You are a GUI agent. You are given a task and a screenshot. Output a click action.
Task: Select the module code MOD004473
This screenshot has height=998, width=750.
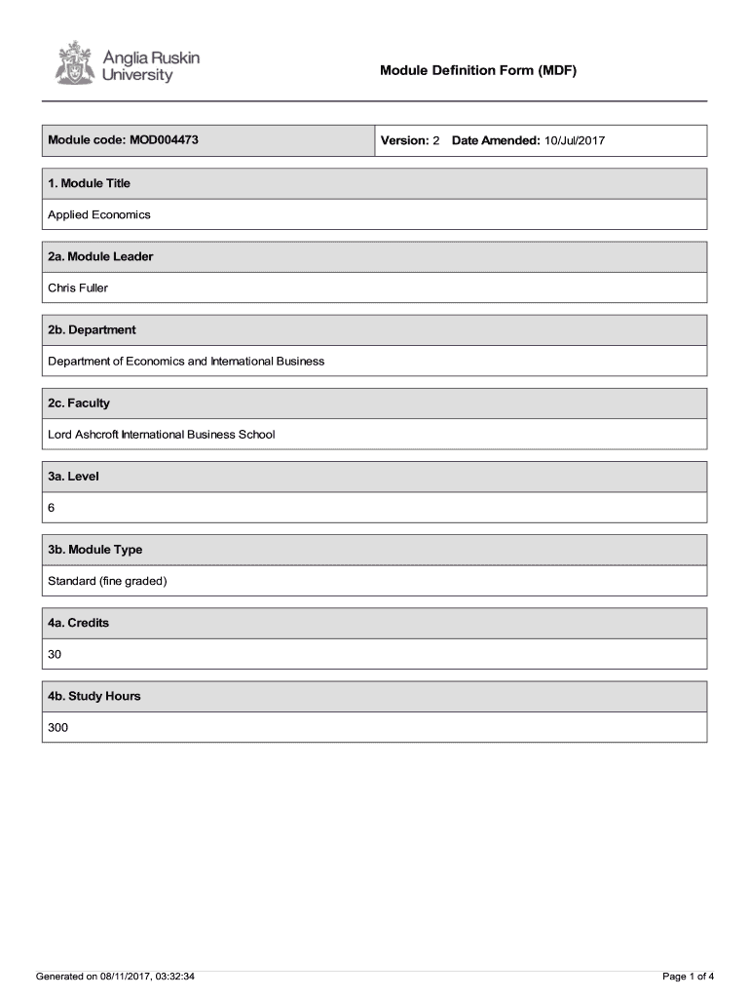[161, 140]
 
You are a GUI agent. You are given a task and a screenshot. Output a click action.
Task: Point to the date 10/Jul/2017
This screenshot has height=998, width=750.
[575, 141]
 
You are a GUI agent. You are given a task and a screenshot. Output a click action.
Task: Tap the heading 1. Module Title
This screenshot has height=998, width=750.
[90, 183]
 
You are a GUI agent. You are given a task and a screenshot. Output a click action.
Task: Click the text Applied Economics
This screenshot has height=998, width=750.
[99, 214]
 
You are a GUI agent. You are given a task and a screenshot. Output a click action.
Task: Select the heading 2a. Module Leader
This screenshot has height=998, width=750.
[100, 256]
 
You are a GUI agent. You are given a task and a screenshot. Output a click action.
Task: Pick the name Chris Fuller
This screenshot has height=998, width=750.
[78, 288]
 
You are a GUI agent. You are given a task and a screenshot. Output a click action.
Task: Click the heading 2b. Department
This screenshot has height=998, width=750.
[92, 329]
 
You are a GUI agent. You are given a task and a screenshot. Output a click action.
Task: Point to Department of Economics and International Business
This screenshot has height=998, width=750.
[186, 361]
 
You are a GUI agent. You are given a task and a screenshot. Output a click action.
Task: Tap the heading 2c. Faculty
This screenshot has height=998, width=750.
[79, 403]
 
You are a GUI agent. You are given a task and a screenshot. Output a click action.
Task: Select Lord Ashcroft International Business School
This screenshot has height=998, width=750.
[162, 434]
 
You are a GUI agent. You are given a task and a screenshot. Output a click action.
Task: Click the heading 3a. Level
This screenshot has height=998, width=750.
[73, 477]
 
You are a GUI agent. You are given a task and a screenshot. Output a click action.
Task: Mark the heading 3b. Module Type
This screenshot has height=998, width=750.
[95, 550]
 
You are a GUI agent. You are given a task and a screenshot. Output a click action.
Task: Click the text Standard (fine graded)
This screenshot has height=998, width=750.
[108, 581]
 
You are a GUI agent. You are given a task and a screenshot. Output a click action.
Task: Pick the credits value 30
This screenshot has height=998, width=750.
[55, 655]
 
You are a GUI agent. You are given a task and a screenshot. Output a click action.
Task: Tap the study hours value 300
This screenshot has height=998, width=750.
[58, 728]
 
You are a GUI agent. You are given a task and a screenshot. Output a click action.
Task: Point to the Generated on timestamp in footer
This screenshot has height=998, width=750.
[115, 977]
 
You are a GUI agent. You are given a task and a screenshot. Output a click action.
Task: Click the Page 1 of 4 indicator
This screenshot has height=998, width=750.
[688, 977]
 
